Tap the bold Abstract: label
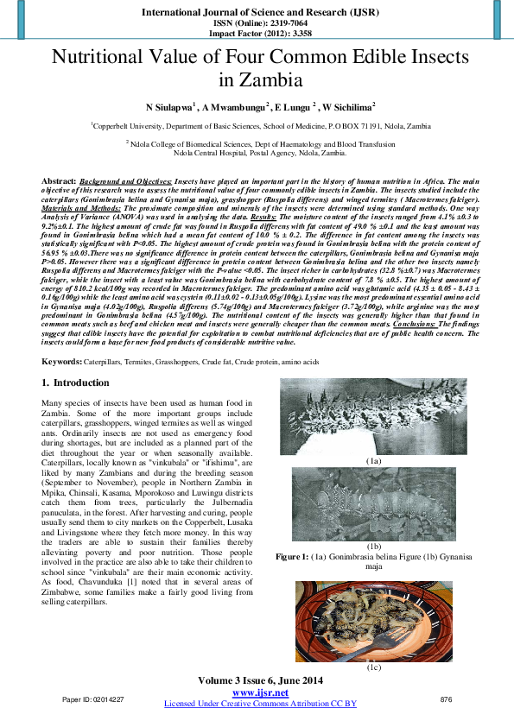click(59, 182)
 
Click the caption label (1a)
click(373, 462)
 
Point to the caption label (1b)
click(373, 547)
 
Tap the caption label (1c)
click(373, 667)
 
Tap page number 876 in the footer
click(446, 699)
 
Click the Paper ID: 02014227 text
click(93, 699)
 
